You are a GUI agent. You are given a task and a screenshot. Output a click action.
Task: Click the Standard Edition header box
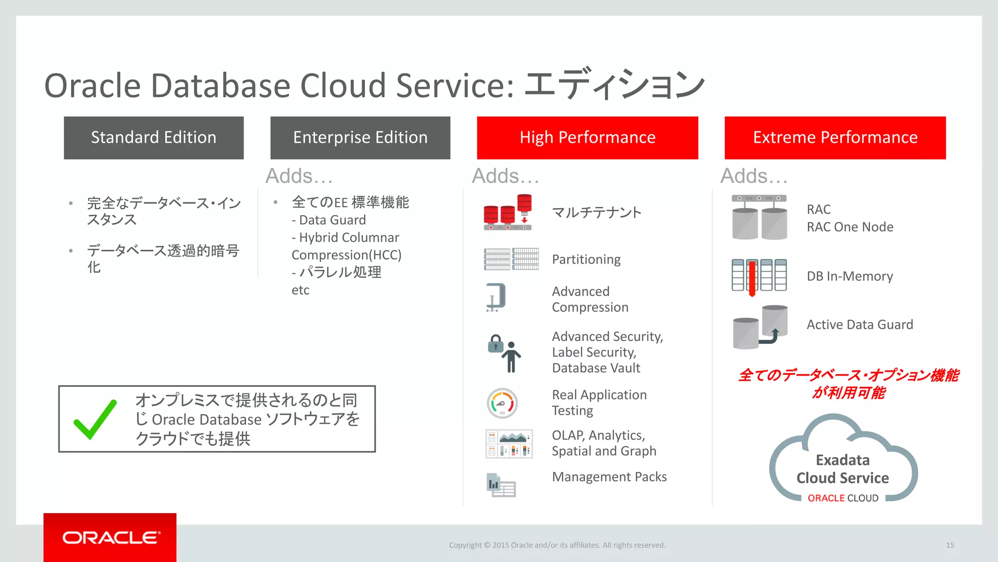tap(154, 138)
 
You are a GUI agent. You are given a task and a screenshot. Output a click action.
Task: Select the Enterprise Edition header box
tap(360, 138)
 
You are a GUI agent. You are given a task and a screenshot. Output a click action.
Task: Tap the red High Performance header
tap(587, 138)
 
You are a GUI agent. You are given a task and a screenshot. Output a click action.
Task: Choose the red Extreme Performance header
tap(835, 138)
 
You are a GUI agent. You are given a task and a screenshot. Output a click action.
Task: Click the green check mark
tap(95, 419)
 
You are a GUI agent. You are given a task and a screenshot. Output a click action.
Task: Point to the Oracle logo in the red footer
tap(111, 538)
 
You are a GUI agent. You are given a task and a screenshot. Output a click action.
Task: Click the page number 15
tap(950, 545)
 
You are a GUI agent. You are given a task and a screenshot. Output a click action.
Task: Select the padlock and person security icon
tap(504, 352)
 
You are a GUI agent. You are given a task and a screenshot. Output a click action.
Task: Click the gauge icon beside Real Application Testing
tap(502, 403)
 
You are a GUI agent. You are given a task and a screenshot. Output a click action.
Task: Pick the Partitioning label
tap(586, 260)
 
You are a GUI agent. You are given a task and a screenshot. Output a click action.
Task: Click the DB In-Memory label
tap(849, 276)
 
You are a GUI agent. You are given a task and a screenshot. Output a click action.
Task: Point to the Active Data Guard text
tap(860, 324)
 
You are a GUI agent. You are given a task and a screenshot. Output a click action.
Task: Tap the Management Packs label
tap(609, 477)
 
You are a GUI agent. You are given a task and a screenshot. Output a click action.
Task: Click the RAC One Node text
tap(850, 227)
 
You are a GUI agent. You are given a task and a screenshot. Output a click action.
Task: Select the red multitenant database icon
tap(508, 212)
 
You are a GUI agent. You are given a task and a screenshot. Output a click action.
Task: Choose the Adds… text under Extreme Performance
tap(754, 176)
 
